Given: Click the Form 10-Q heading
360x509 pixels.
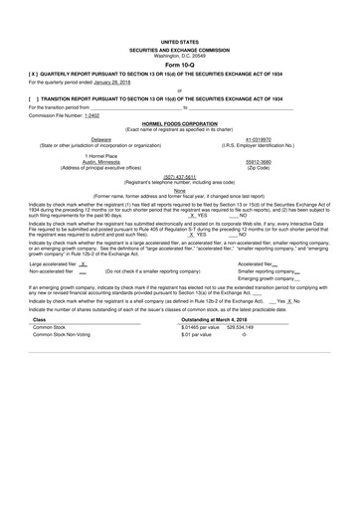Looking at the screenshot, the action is click(x=179, y=65).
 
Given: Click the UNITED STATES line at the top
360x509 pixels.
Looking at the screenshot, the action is click(x=179, y=43).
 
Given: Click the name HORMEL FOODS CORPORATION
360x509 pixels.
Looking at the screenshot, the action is click(x=179, y=122).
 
